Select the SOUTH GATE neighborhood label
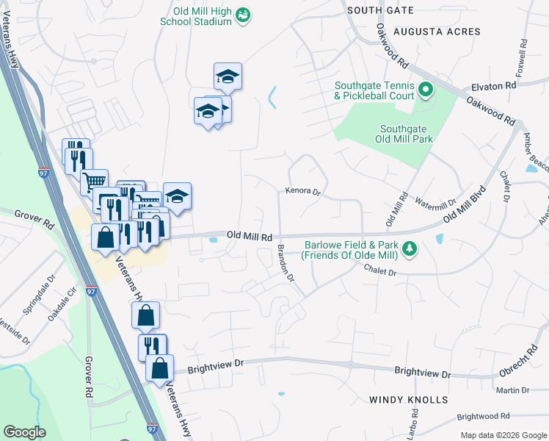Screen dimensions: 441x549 click(x=379, y=10)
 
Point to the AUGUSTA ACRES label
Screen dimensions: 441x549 click(x=437, y=32)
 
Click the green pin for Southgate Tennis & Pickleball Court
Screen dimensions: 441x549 click(x=426, y=91)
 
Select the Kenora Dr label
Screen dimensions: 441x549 click(x=303, y=192)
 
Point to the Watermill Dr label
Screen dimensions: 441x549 click(x=435, y=200)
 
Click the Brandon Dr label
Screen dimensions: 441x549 click(x=286, y=265)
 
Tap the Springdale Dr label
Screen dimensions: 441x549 click(x=38, y=298)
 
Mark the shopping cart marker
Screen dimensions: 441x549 click(x=94, y=182)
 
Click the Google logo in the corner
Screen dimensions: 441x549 click(x=24, y=432)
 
